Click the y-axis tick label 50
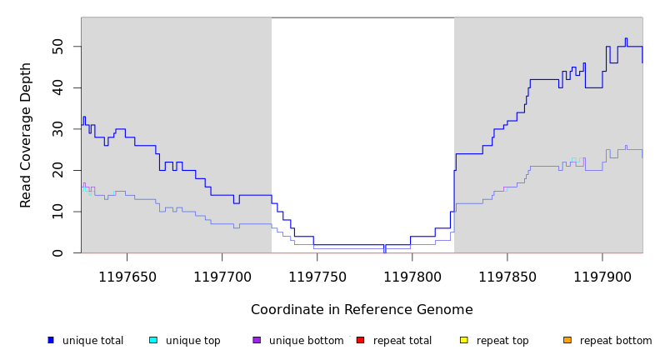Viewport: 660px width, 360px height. pos(58,47)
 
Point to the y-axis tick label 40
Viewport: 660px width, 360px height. pos(58,87)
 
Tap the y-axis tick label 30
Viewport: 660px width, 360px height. pos(58,129)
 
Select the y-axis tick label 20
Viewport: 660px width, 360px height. pos(58,170)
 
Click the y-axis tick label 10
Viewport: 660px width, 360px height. pos(58,212)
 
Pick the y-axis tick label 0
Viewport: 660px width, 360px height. pos(58,252)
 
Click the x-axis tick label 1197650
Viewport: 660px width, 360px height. pos(127,276)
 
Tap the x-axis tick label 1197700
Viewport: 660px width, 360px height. pos(222,276)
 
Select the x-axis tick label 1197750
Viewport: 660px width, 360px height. pos(317,276)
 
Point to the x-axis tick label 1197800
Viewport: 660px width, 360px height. pos(412,276)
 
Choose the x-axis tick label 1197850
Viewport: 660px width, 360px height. pos(507,276)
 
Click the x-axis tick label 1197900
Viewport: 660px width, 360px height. pos(602,276)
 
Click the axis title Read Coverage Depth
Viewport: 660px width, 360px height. pos(26,135)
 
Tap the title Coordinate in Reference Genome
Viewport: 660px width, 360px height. pos(362,310)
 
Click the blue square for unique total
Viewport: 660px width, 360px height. pos(51,340)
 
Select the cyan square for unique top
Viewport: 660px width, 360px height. pos(153,340)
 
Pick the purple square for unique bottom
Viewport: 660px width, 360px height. pos(257,340)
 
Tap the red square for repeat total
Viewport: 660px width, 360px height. pos(360,340)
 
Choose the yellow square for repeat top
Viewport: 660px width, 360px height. pos(463,340)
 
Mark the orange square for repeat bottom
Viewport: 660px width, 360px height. pos(567,340)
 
